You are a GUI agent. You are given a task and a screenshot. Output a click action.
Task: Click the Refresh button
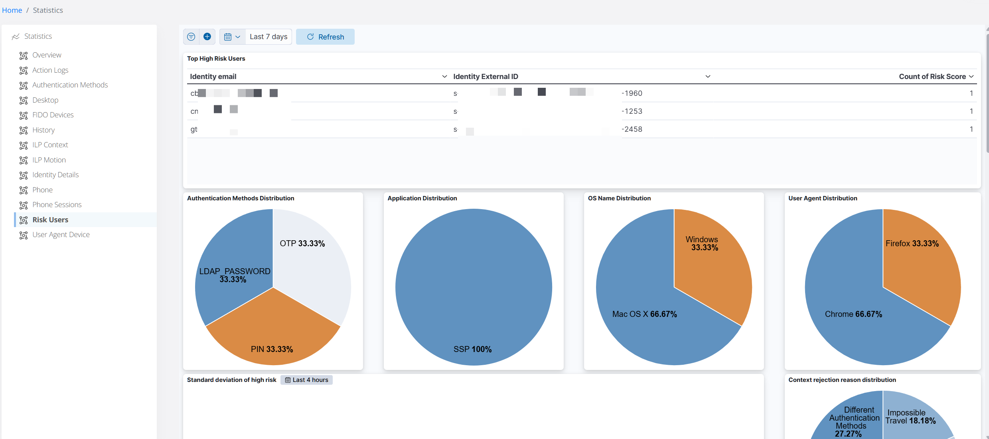point(325,37)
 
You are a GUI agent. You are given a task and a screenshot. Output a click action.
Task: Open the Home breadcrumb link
point(12,10)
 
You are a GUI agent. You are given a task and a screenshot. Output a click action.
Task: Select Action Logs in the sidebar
point(50,70)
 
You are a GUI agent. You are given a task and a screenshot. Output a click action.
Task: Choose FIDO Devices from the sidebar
point(53,115)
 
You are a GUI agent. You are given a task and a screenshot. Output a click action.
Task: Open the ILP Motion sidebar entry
point(49,160)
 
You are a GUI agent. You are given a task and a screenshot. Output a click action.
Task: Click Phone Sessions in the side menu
point(57,205)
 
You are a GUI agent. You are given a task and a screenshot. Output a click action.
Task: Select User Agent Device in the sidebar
point(61,235)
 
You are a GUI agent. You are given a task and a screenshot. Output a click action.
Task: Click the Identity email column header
point(213,77)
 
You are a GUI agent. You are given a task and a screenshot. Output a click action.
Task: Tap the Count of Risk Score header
point(932,77)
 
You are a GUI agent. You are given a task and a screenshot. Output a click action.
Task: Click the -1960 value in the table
point(632,93)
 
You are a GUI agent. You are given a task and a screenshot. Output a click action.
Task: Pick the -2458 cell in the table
point(632,129)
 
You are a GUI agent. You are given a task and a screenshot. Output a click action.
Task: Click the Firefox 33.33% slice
point(918,263)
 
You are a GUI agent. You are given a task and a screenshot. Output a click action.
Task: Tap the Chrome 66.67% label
point(853,314)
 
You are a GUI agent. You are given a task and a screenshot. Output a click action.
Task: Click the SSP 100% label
point(472,350)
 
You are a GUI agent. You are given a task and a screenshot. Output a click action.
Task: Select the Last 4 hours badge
point(306,380)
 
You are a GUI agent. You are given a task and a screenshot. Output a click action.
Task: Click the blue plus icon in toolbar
point(207,37)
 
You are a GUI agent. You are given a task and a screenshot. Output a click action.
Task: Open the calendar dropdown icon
point(232,37)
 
